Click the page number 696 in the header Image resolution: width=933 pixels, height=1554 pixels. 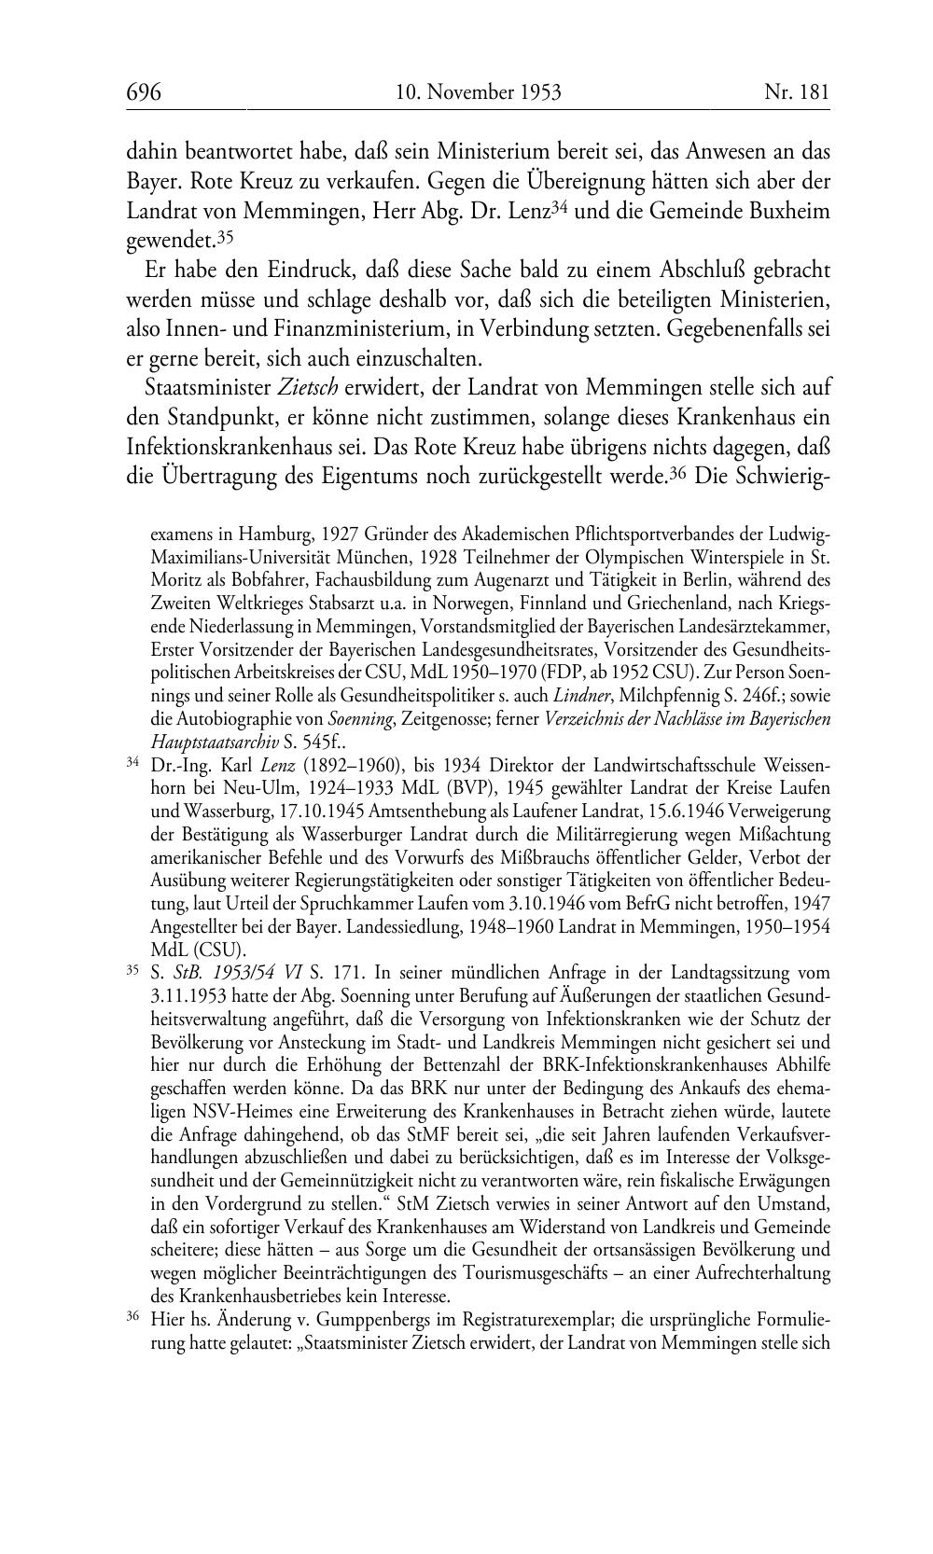pyautogui.click(x=144, y=92)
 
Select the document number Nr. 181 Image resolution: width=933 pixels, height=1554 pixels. pyautogui.click(x=796, y=92)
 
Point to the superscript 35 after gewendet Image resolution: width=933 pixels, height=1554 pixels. pyautogui.click(x=224, y=236)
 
